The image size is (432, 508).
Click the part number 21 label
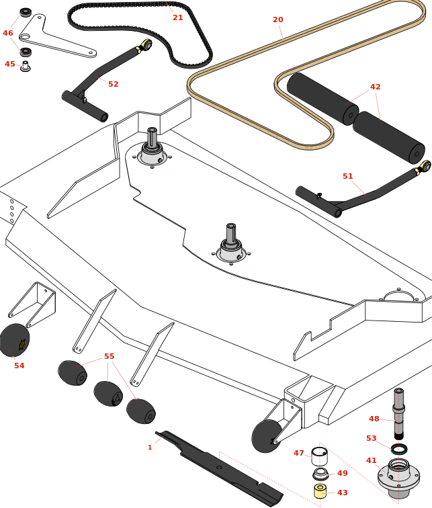coord(177,17)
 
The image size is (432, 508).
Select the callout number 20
coord(278,19)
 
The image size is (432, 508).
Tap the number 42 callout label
coord(375,87)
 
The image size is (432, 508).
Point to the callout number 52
coord(113,84)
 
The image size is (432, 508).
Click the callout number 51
coord(347,176)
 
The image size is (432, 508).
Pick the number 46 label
coord(8,33)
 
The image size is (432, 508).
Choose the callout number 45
coord(9,64)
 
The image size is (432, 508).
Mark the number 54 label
coord(19,366)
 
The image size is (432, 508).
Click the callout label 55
coord(109,356)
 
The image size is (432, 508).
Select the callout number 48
coord(374,419)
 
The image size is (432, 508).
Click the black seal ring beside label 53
coord(398,448)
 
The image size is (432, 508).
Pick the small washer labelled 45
coord(26,67)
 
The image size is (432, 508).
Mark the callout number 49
coord(343,473)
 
